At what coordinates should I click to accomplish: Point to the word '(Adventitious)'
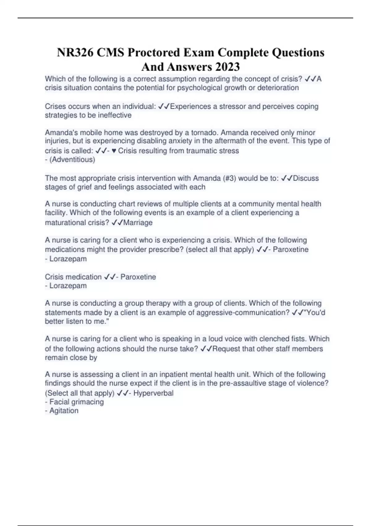pyautogui.click(x=72, y=160)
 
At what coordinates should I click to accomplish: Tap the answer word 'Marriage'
pyautogui.click(x=138, y=223)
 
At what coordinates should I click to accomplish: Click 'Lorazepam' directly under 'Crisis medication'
pyautogui.click(x=68, y=286)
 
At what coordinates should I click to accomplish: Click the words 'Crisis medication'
pyautogui.click(x=73, y=277)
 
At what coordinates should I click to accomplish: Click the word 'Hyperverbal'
pyautogui.click(x=153, y=393)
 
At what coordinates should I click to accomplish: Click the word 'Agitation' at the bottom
pyautogui.click(x=64, y=411)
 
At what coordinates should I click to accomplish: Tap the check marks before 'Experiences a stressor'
pyautogui.click(x=164, y=106)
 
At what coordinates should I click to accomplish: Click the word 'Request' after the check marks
pyautogui.click(x=226, y=349)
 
